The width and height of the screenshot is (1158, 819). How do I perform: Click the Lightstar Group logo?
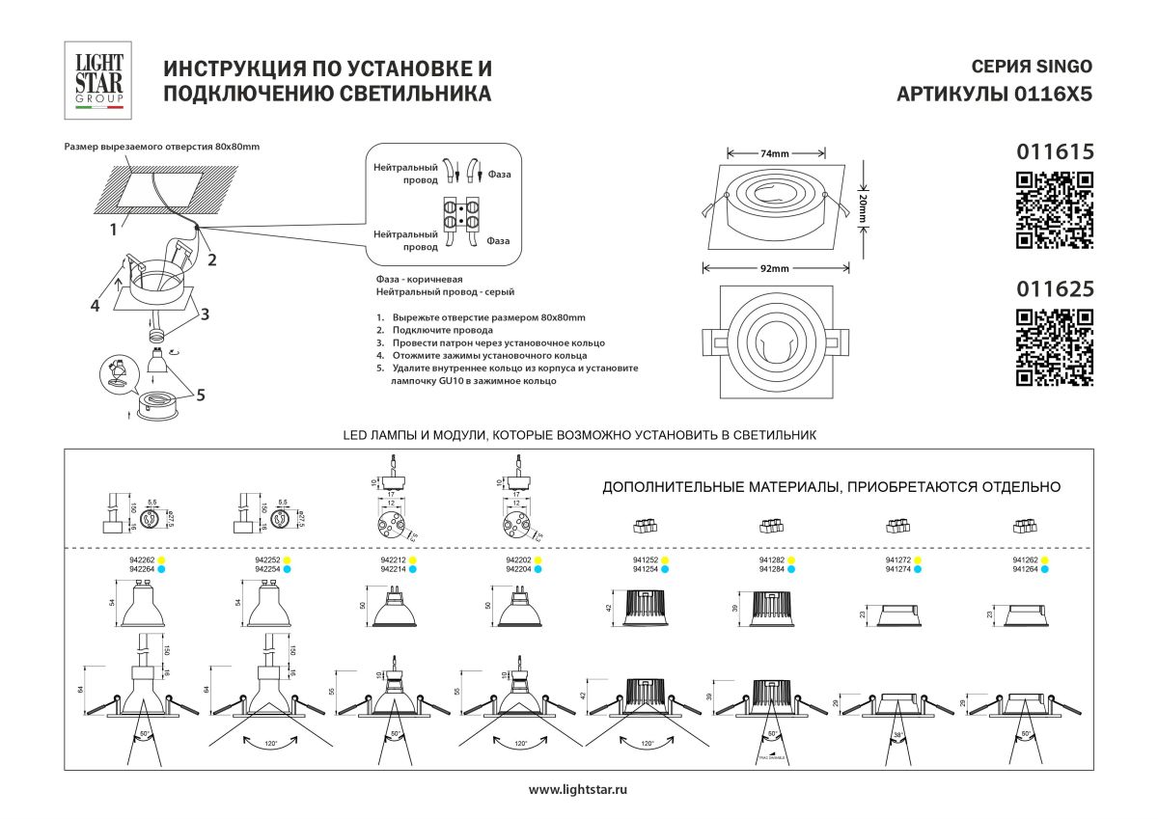[99, 79]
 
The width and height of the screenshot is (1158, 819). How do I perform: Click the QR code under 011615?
[1056, 209]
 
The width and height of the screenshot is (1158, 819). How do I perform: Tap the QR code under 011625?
[1056, 347]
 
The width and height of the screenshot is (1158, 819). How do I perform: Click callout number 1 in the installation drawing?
[113, 230]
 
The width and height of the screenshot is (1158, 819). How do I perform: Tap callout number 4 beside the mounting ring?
[96, 306]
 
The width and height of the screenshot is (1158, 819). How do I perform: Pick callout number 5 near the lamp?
[200, 394]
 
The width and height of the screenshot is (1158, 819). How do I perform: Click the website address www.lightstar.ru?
[579, 790]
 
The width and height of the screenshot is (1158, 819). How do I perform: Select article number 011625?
[1055, 287]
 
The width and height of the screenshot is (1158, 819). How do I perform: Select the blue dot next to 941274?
[918, 570]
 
